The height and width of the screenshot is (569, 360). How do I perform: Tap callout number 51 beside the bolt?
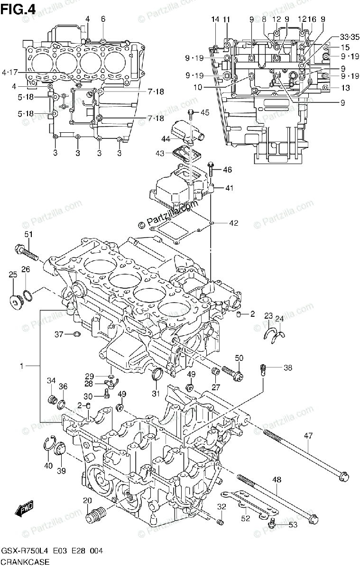pos(28,234)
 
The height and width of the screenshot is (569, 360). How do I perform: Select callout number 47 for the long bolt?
pos(309,435)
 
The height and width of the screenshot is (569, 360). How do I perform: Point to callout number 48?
pos(277,479)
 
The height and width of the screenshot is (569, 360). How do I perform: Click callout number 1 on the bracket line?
pos(22,366)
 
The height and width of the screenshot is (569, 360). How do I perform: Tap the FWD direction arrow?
pos(23,510)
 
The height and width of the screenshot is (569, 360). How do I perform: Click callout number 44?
pos(166,139)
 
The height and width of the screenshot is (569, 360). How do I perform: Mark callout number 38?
pos(288,367)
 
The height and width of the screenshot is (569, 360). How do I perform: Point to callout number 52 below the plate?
pos(245,519)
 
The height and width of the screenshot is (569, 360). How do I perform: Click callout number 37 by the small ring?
pos(58,334)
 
